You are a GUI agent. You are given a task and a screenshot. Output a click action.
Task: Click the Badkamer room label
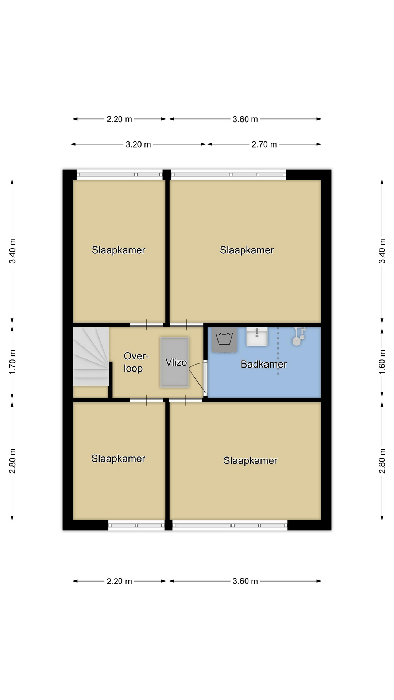(x=263, y=364)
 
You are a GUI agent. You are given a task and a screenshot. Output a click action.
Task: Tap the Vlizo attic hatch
(x=175, y=362)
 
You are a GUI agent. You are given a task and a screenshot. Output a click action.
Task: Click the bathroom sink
(x=257, y=336)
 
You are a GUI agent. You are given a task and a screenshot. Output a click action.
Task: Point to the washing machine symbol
(x=224, y=339)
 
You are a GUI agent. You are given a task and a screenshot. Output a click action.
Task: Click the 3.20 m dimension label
(x=138, y=144)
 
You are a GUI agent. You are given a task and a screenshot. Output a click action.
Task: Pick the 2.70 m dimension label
(x=264, y=144)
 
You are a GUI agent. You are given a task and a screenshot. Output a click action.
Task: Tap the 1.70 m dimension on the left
(x=12, y=362)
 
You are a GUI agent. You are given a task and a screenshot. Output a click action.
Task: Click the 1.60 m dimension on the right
(x=382, y=362)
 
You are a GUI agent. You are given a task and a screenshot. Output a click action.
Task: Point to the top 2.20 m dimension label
(x=119, y=119)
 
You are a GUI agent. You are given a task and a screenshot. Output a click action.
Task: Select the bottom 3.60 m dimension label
(x=245, y=581)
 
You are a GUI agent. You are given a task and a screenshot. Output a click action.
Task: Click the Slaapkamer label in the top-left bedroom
(x=119, y=250)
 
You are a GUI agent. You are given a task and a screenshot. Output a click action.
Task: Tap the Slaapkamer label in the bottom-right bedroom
(x=250, y=460)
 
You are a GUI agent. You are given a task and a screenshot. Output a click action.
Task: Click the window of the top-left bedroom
(x=120, y=175)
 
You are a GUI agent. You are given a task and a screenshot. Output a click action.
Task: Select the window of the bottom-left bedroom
(x=136, y=525)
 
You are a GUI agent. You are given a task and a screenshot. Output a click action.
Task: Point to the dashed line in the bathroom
(x=278, y=351)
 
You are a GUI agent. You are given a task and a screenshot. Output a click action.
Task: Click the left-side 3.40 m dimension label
(x=12, y=251)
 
